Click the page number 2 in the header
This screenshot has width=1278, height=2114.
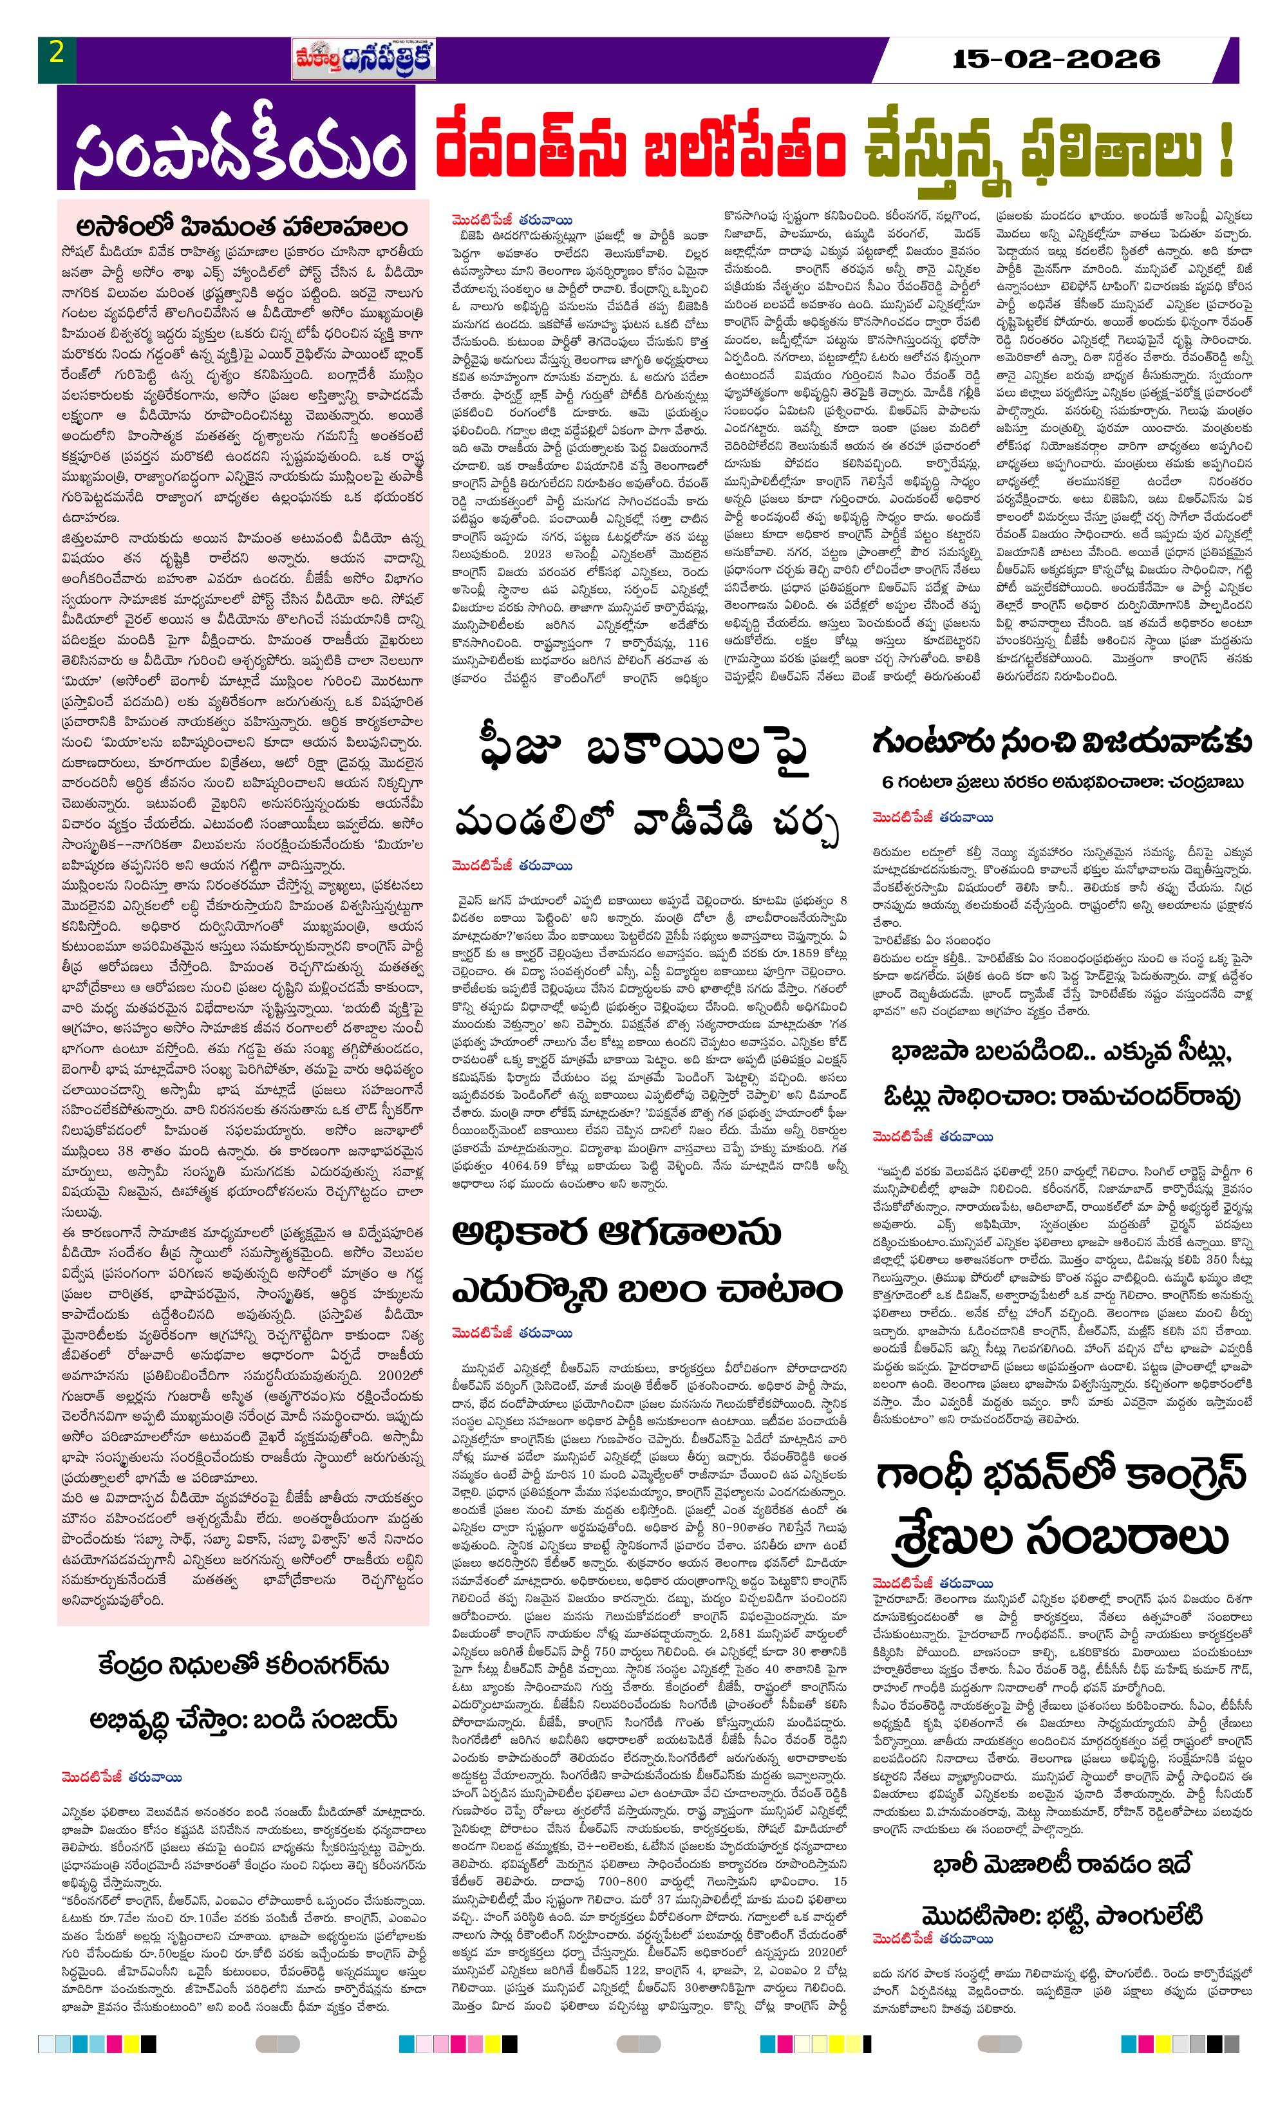[57, 54]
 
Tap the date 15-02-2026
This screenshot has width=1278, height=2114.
[1056, 59]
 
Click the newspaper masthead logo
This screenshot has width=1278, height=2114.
[363, 59]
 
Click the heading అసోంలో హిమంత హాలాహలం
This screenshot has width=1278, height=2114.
[242, 227]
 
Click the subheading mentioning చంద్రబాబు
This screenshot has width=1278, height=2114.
[1062, 783]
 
